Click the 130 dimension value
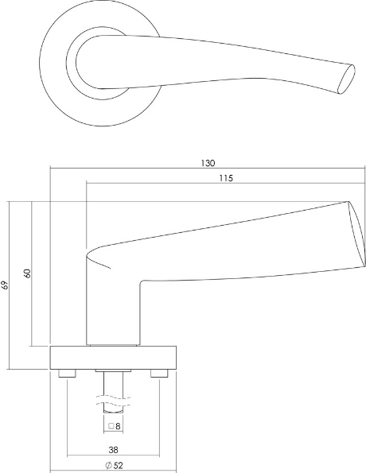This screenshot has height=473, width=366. point(208,163)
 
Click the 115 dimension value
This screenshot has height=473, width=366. point(226,178)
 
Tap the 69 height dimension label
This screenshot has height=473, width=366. point(5,285)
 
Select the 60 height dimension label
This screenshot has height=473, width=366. point(27,273)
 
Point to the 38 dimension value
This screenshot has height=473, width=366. point(113,450)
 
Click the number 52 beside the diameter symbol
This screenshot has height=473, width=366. point(119,466)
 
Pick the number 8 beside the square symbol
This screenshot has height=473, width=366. point(118,426)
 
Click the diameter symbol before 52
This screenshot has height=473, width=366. point(109,466)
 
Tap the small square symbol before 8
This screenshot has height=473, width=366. point(111,426)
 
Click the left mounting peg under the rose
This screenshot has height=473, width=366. point(67,374)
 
